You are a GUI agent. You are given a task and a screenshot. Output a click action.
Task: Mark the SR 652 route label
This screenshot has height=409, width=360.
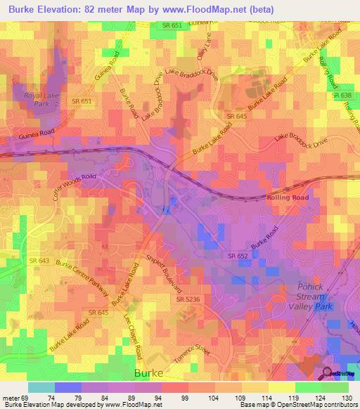tap(237, 257)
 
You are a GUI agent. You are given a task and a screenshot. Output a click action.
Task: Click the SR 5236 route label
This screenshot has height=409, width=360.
tap(189, 299)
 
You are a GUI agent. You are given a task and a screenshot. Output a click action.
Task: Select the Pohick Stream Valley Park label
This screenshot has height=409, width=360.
tap(311, 297)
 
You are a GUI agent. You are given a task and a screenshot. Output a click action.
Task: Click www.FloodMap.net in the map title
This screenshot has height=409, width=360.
tap(208, 10)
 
